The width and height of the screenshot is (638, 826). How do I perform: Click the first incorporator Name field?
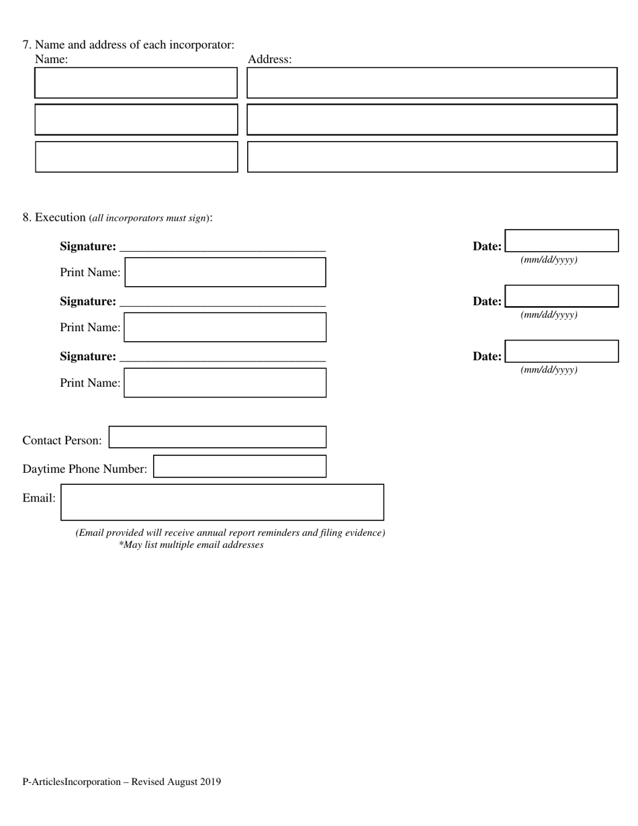tap(136, 83)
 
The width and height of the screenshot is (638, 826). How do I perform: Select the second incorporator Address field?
tap(432, 120)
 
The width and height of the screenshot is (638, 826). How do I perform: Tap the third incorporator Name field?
tap(136, 156)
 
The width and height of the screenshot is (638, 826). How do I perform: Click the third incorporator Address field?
tap(432, 156)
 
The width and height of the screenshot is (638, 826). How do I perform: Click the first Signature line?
tap(222, 246)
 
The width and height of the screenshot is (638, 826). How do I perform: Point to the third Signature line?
tap(222, 357)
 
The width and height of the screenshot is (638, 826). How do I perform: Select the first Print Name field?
tap(225, 272)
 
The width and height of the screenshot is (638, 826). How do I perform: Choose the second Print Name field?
tap(225, 327)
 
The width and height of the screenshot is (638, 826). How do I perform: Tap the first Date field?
tap(561, 240)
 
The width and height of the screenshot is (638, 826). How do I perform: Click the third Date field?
tap(561, 351)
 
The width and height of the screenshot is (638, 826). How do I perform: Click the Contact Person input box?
tap(218, 437)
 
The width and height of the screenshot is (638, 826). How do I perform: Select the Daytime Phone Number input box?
tap(240, 466)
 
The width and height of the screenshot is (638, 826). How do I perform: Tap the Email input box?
tap(222, 502)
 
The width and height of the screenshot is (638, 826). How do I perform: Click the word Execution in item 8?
tap(60, 217)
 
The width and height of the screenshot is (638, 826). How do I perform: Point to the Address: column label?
tap(269, 59)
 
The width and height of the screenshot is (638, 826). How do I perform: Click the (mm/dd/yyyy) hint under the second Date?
tap(549, 314)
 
